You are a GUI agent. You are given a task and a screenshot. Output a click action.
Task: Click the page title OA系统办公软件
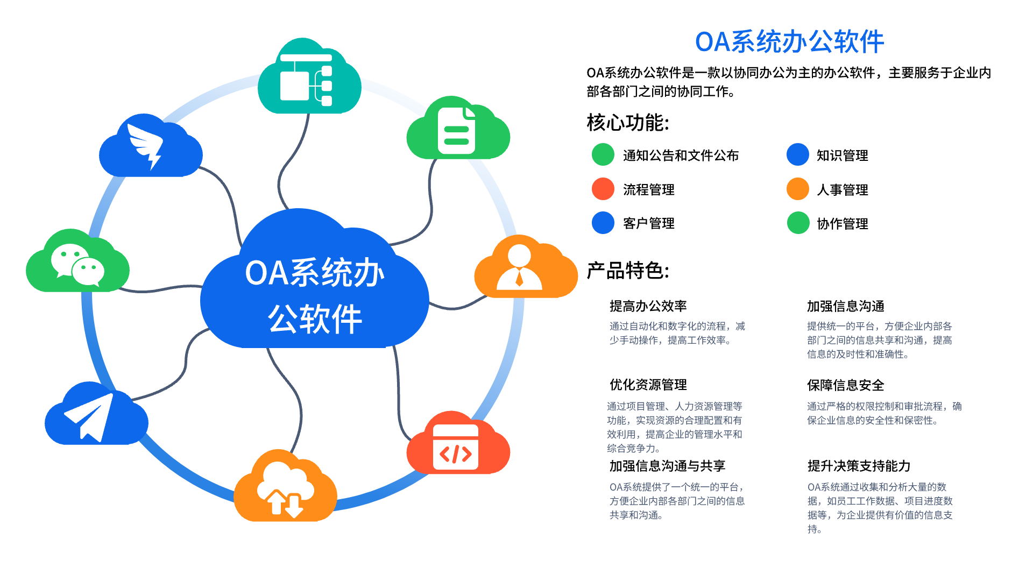coord(789,42)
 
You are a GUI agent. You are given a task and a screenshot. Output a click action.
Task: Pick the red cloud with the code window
coord(457,447)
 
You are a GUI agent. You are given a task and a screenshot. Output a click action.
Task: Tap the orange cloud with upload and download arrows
coord(285,490)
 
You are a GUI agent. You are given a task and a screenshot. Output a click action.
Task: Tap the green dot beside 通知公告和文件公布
coord(603,155)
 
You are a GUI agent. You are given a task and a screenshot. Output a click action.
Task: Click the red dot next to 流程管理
coord(603,189)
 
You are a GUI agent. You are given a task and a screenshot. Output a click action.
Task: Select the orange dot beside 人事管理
coord(798,189)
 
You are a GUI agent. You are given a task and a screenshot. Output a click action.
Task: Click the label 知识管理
coord(842,155)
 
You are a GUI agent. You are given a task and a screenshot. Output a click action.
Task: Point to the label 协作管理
coord(842,224)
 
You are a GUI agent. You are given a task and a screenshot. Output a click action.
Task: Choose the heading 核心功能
coord(627,123)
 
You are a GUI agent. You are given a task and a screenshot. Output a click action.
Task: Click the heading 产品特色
coord(627,271)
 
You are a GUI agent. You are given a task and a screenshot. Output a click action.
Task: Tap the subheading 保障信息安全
coord(845,385)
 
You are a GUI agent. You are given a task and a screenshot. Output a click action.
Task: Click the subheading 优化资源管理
coord(648,385)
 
